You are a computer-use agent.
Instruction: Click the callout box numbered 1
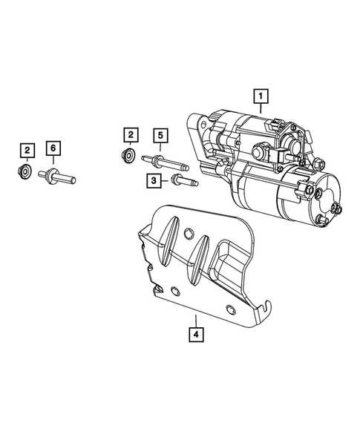pos(261,95)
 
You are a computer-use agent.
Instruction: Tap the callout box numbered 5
pos(159,135)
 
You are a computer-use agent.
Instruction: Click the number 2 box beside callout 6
pos(27,151)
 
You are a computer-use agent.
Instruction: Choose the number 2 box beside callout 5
pos(131,134)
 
